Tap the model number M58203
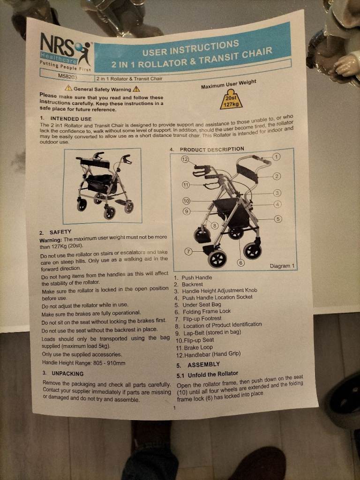tap(67, 76)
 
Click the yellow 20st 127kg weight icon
tap(231, 99)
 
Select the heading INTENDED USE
tap(71, 119)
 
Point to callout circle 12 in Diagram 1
tap(185, 159)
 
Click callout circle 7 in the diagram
tap(189, 252)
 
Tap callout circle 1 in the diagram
tap(276, 157)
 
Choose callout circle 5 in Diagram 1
tap(277, 219)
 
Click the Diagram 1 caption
tap(282, 266)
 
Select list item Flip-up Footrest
tap(202, 319)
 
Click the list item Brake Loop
tap(198, 347)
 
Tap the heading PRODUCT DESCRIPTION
tap(212, 150)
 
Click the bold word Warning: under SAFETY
tap(51, 240)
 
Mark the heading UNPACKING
tap(67, 374)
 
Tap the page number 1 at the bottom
tap(174, 408)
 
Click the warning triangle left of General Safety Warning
tap(68, 89)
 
